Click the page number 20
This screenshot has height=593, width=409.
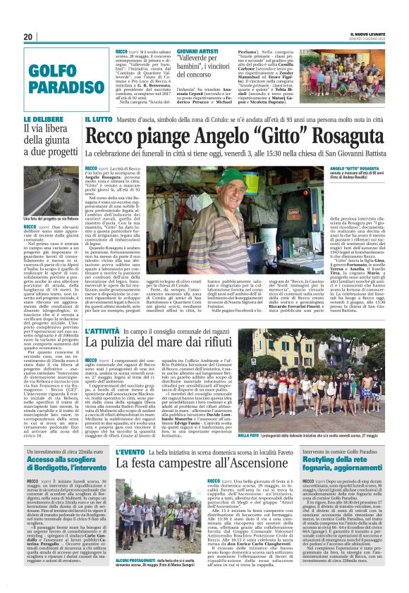[28, 37]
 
